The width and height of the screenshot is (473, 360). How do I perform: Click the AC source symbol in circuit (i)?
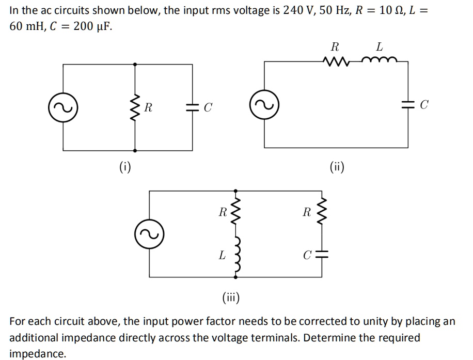tap(64, 107)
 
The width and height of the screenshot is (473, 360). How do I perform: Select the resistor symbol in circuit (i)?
tap(135, 107)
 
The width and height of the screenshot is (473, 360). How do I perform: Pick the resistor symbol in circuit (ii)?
tap(334, 62)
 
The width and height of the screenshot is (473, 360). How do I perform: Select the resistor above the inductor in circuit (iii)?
tap(237, 212)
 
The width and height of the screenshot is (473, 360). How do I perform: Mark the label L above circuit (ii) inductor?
tap(379, 47)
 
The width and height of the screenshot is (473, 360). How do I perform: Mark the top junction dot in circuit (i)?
tap(135, 65)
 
